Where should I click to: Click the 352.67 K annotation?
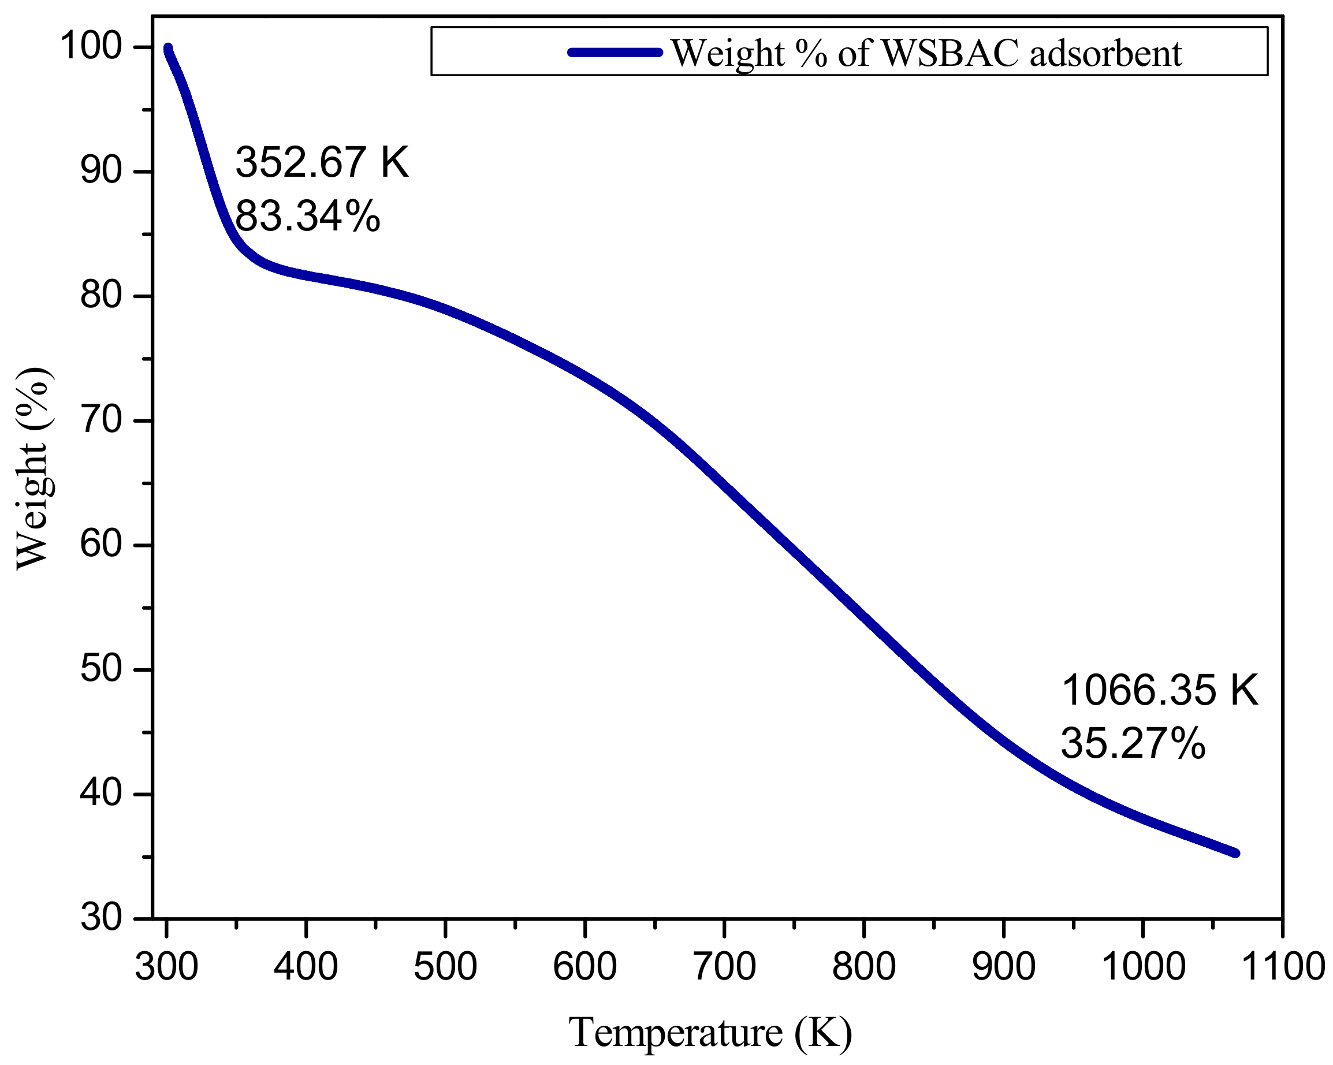[x=322, y=162]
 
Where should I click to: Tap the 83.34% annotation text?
[x=307, y=217]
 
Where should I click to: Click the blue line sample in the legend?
[x=615, y=53]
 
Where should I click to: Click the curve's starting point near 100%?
[x=167, y=48]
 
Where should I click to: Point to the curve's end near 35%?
[x=1235, y=853]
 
